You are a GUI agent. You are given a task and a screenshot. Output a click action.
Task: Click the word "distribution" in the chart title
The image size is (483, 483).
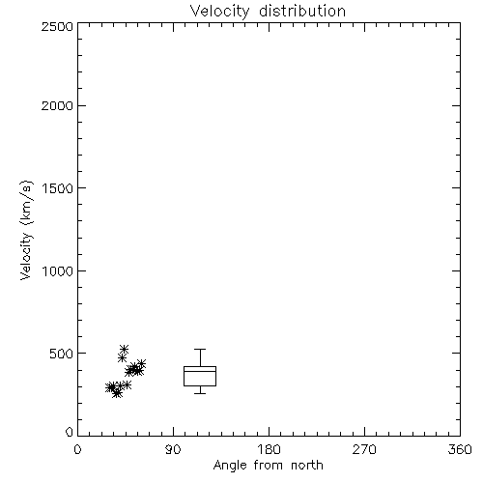302,11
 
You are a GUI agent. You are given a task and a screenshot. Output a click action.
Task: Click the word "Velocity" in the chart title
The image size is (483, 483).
220,12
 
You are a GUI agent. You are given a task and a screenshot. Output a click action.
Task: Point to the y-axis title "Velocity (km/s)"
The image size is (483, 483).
26,230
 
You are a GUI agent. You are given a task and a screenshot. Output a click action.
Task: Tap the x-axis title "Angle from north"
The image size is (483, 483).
268,465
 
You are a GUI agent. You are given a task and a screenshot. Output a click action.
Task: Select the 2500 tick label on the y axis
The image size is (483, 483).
57,26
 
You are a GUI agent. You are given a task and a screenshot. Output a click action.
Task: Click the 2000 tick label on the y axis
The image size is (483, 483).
57,105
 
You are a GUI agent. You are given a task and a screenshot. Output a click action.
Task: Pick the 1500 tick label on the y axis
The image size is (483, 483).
58,188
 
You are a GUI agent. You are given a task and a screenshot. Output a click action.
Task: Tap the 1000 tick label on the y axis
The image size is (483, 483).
58,271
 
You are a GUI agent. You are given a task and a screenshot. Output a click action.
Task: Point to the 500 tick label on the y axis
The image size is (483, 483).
62,354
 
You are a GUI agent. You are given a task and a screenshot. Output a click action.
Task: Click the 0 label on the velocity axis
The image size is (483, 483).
70,432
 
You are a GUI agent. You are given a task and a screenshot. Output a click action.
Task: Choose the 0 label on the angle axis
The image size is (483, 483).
77,449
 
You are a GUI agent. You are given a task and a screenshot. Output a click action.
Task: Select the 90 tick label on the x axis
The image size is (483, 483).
173,449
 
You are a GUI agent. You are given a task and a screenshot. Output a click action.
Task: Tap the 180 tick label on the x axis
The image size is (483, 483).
269,449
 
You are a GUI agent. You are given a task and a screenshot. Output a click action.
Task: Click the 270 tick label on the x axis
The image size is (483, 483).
364,449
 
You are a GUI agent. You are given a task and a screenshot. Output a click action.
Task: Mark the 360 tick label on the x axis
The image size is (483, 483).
460,449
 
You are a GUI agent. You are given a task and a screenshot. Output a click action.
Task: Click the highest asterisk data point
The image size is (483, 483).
125,349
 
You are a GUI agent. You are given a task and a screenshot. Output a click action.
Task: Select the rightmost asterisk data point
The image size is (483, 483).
141,364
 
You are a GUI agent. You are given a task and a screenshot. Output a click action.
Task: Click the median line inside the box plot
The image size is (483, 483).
200,371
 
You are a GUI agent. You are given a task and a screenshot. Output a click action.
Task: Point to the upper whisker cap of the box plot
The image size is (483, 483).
200,349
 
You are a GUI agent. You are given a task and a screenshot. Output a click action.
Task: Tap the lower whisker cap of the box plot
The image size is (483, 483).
200,393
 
